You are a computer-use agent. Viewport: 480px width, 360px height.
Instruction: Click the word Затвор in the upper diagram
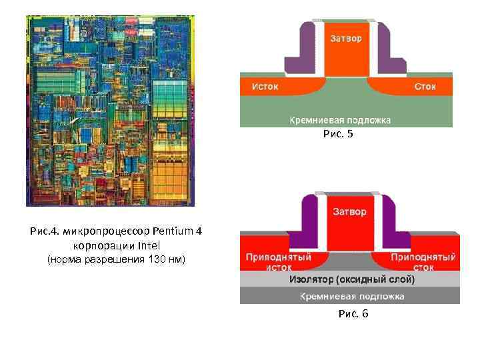(x=346, y=39)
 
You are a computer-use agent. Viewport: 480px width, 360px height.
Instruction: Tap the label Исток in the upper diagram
(x=265, y=87)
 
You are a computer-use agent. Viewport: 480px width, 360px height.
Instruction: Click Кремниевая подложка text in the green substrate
(x=340, y=120)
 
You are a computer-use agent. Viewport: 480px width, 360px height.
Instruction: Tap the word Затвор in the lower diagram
(x=349, y=213)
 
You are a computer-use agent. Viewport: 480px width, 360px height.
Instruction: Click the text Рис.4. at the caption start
(x=45, y=232)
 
